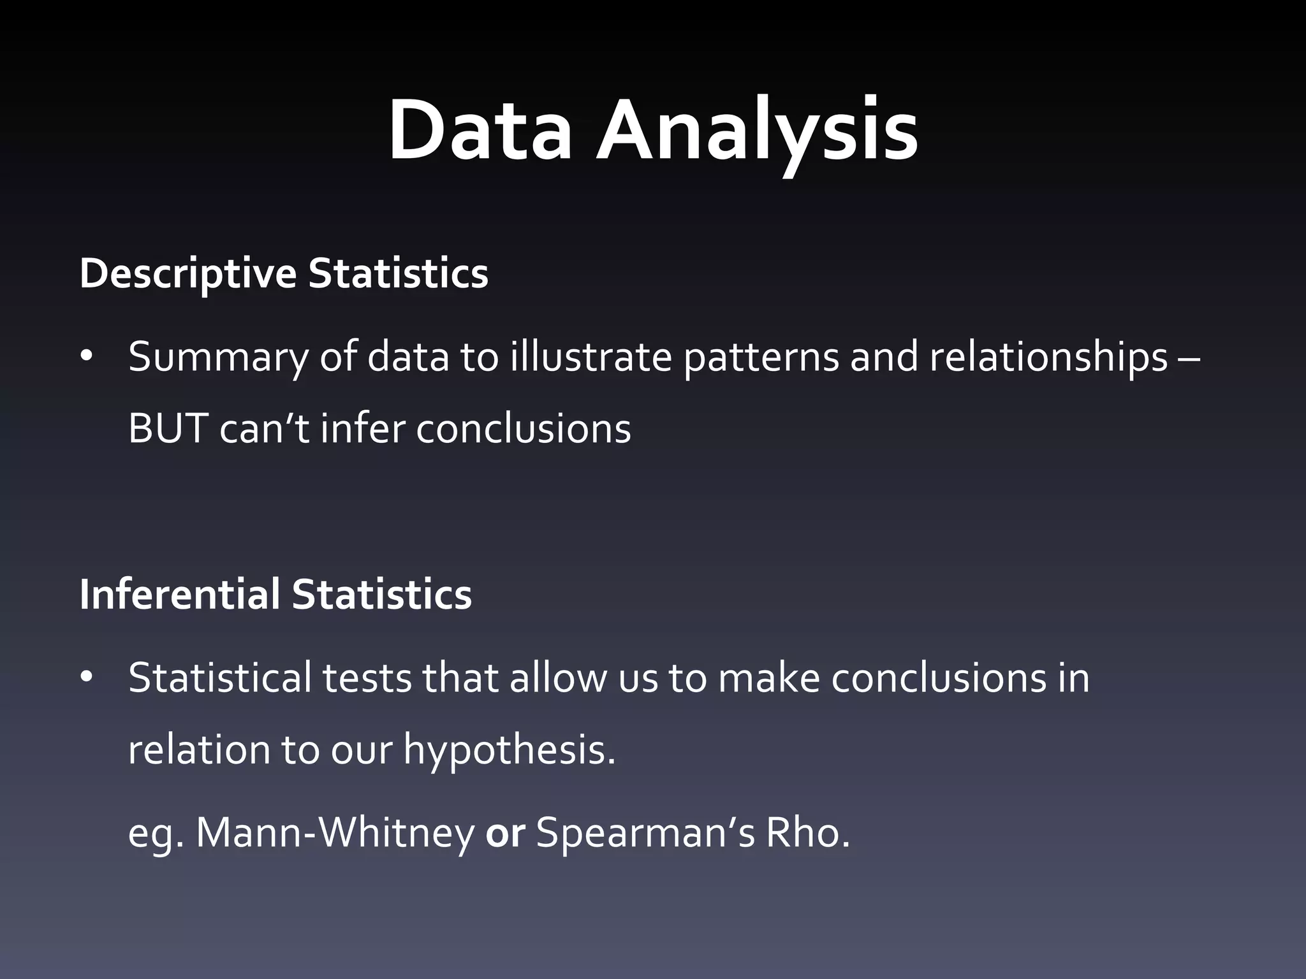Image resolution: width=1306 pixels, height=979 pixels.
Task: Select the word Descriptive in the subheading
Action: click(187, 274)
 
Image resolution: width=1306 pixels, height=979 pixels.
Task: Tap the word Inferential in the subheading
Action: click(179, 594)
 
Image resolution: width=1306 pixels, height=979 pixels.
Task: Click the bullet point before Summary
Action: click(87, 358)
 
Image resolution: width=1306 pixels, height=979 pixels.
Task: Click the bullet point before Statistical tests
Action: click(87, 678)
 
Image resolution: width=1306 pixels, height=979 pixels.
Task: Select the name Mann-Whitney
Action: click(335, 833)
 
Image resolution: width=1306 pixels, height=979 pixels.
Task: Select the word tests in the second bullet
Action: click(367, 678)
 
